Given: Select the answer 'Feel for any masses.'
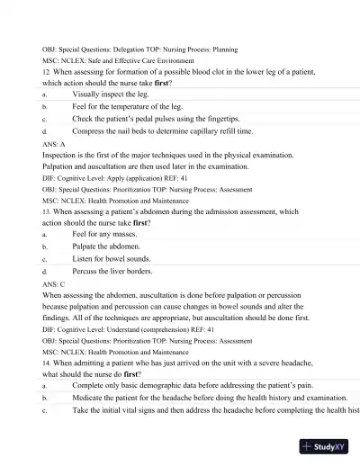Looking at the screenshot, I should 109,234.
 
